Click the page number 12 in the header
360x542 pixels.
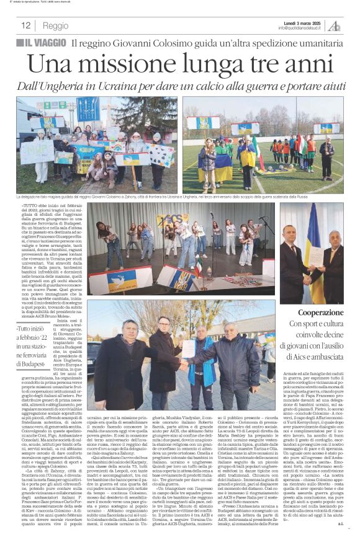pos(26,26)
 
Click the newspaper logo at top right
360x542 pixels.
pos(334,25)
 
